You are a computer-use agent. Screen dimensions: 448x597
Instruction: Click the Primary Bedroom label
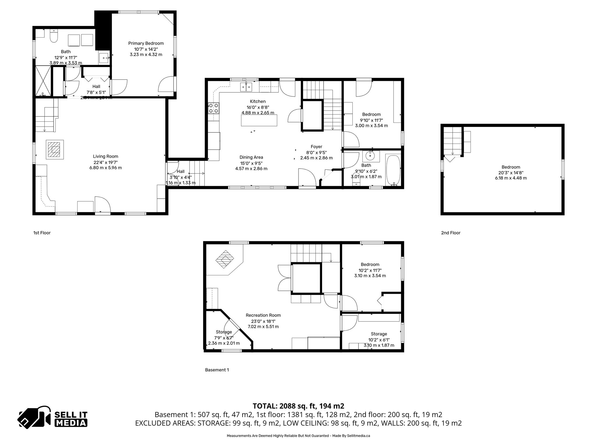(x=146, y=43)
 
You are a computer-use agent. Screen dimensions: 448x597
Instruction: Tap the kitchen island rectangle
(x=259, y=120)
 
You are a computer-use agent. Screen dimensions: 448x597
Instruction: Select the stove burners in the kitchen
(x=213, y=108)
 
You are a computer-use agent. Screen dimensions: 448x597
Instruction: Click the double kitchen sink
(x=246, y=87)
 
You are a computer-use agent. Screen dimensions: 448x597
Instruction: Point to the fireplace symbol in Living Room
(x=55, y=150)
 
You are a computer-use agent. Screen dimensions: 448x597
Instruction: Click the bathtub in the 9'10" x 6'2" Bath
(x=394, y=170)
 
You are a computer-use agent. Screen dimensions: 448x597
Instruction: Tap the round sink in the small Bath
(x=371, y=156)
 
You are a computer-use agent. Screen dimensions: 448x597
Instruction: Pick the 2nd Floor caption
(x=450, y=233)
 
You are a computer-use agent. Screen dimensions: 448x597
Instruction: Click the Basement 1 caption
(x=217, y=370)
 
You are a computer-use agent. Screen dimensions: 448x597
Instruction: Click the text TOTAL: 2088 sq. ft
(x=298, y=406)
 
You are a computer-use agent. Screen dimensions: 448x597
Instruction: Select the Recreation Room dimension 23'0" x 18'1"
(x=263, y=321)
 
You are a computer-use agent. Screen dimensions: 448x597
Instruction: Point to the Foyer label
(x=316, y=147)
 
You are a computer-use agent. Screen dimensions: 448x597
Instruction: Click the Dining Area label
(x=251, y=157)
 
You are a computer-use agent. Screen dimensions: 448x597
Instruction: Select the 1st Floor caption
(x=42, y=233)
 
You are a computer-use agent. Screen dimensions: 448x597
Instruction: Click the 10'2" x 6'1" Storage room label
(x=379, y=334)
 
